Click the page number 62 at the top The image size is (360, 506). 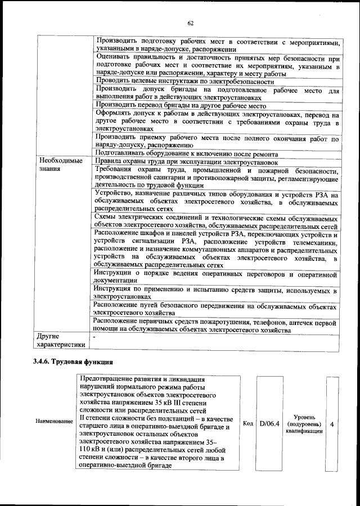[190, 23]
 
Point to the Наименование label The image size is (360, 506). [54, 421]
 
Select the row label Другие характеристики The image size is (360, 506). [61, 340]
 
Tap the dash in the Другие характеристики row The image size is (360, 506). [94, 336]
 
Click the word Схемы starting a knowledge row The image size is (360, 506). [106, 218]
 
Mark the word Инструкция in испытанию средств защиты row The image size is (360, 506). [115, 288]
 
